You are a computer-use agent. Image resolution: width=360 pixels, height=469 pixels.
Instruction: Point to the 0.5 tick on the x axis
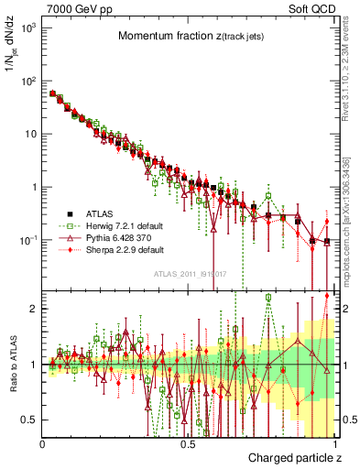[188, 442]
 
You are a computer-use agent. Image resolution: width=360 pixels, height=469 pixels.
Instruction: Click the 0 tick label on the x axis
[42, 442]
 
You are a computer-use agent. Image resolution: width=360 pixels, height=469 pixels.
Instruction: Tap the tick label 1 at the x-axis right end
[334, 442]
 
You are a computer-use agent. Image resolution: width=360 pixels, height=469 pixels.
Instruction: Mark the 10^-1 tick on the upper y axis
[27, 240]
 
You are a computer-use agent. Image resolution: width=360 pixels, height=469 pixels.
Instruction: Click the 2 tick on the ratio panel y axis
[34, 309]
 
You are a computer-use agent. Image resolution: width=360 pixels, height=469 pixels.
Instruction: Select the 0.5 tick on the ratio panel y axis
[30, 420]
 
